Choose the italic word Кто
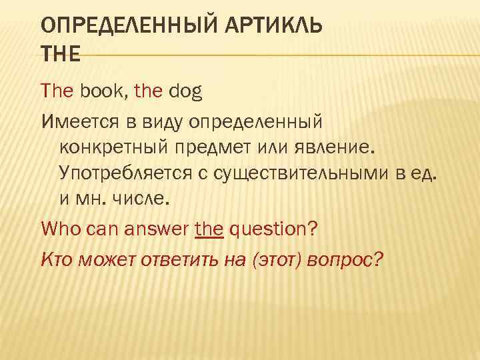tap(58, 258)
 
